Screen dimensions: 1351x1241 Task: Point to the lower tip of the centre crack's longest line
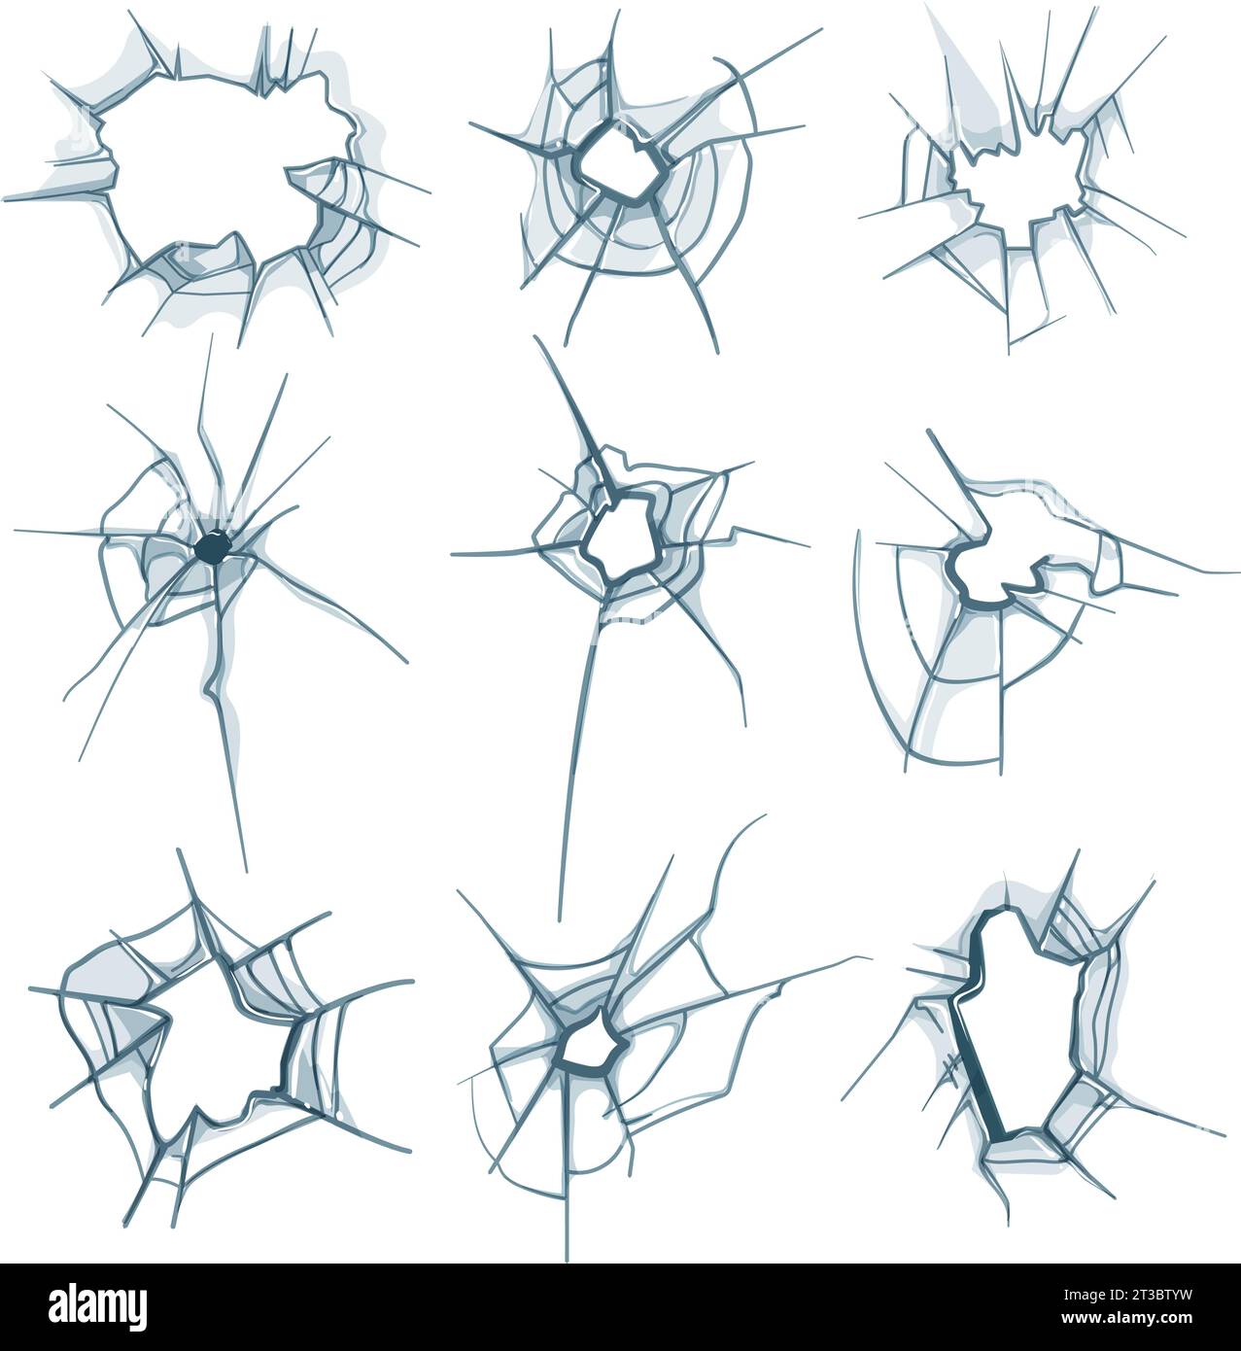[x=561, y=919]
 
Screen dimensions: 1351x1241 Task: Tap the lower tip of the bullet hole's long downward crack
[x=246, y=871]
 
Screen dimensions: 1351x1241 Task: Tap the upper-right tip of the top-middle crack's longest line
[x=821, y=29]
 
